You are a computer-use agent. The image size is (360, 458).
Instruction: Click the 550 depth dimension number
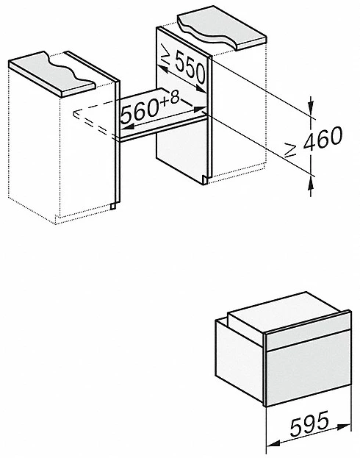pos(190,67)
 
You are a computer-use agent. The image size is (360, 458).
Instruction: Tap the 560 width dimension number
pos(139,111)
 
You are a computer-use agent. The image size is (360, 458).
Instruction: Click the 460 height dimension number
pos(323,139)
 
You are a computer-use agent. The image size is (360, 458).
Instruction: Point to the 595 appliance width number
pos(309,423)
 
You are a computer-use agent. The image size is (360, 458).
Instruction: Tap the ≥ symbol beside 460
pos(291,150)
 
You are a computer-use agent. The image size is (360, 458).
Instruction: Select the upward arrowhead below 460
pos(312,184)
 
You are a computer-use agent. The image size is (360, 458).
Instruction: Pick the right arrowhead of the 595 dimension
pos(345,426)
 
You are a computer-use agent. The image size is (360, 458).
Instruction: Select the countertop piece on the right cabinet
pos(223,28)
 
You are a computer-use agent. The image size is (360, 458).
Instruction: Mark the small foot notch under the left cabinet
pos(113,206)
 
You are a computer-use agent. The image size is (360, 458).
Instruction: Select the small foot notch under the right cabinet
pos(205,181)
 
